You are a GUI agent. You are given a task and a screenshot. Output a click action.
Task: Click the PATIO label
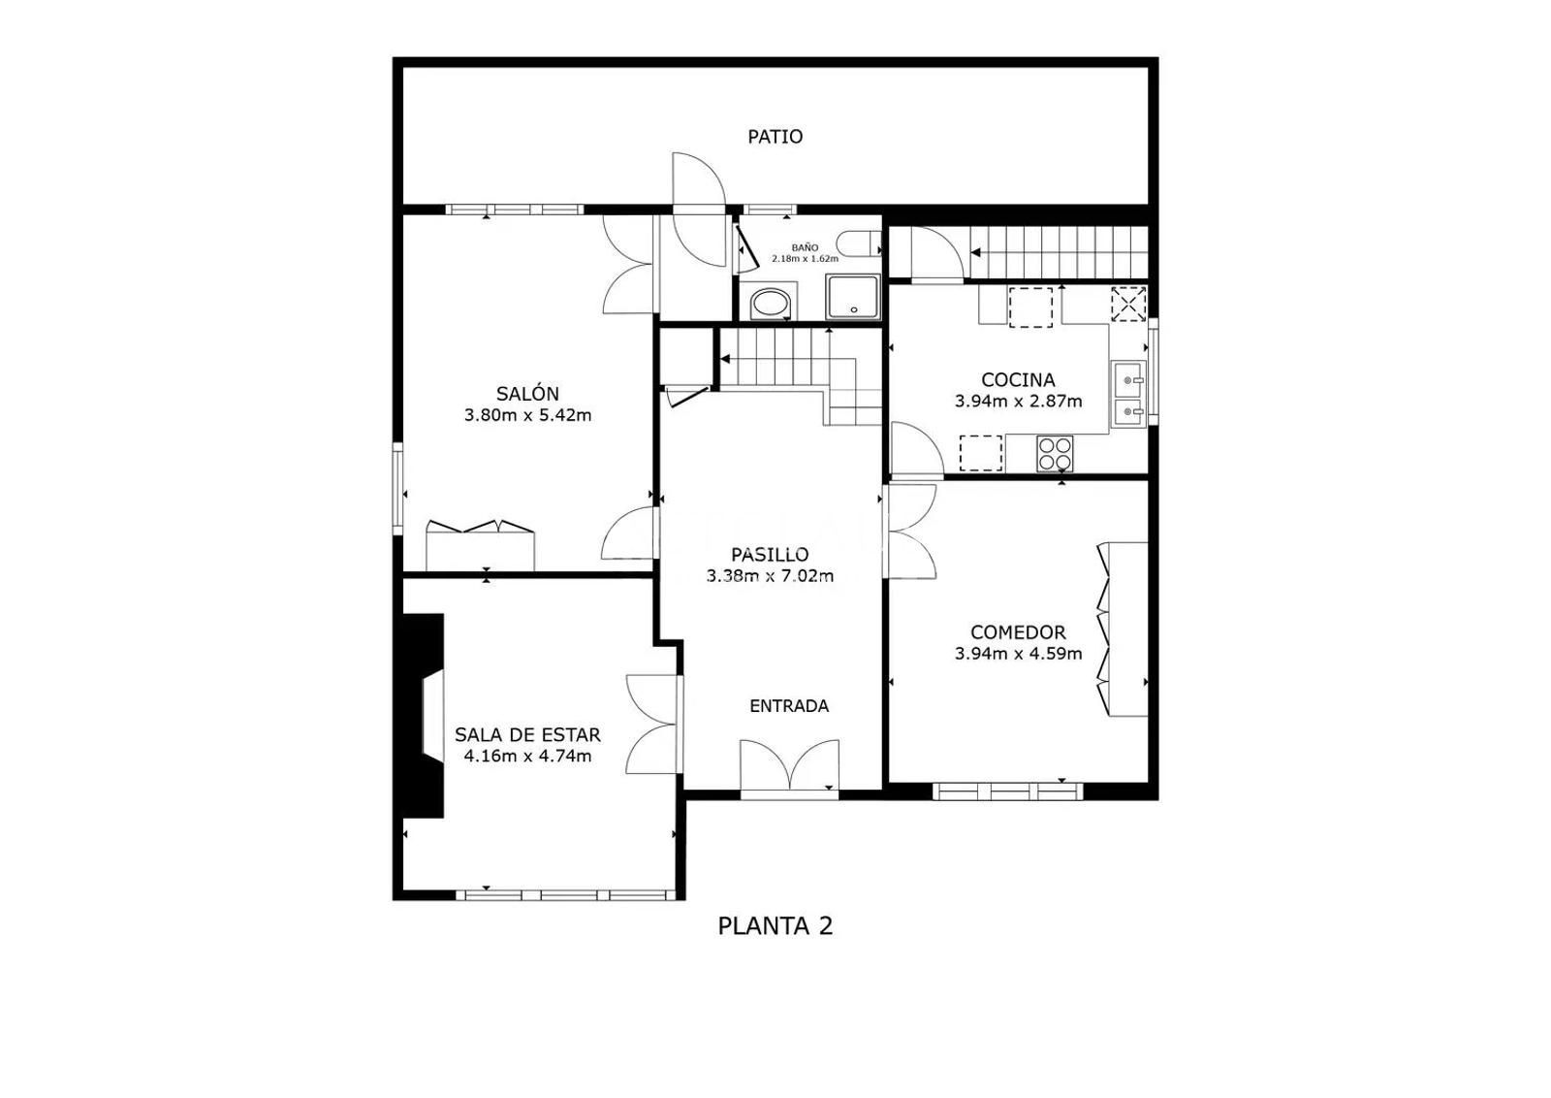pos(775,137)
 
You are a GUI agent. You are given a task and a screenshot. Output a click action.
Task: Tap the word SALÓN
pos(527,394)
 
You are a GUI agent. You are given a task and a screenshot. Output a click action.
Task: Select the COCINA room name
pos(1018,379)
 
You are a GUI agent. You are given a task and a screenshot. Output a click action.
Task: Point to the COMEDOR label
pos(1018,631)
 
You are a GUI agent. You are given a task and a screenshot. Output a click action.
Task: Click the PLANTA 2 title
pos(775,926)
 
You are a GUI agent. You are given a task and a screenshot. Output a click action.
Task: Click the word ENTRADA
pos(789,706)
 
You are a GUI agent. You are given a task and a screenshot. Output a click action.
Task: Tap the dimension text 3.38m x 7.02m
pos(770,575)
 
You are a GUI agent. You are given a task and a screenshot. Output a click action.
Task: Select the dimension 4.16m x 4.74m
pos(527,756)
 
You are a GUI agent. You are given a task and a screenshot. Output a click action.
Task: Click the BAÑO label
pos(805,247)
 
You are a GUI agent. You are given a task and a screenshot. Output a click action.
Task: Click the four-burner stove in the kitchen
pos(1055,454)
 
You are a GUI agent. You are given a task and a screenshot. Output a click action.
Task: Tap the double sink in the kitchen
pos(1128,394)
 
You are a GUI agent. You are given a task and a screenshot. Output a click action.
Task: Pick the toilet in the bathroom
pos(859,243)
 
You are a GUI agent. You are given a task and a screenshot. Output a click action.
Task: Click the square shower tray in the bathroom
pos(852,297)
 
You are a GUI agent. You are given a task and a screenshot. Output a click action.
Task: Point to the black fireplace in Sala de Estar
pos(420,716)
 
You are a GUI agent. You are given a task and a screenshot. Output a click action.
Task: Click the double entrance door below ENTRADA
pos(789,767)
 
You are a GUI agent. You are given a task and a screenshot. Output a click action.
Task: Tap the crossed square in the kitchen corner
pos(1128,305)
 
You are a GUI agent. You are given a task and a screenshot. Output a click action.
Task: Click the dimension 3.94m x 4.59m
pos(1018,653)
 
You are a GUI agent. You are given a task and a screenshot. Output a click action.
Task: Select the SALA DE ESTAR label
pos(527,734)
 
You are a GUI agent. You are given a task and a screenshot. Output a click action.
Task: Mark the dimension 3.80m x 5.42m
pos(527,416)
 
